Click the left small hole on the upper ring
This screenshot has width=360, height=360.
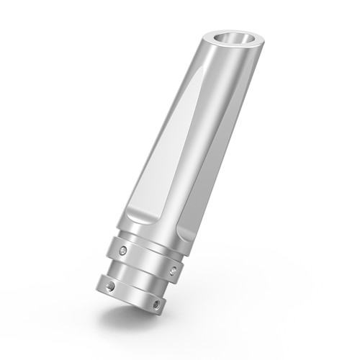(123, 250)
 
